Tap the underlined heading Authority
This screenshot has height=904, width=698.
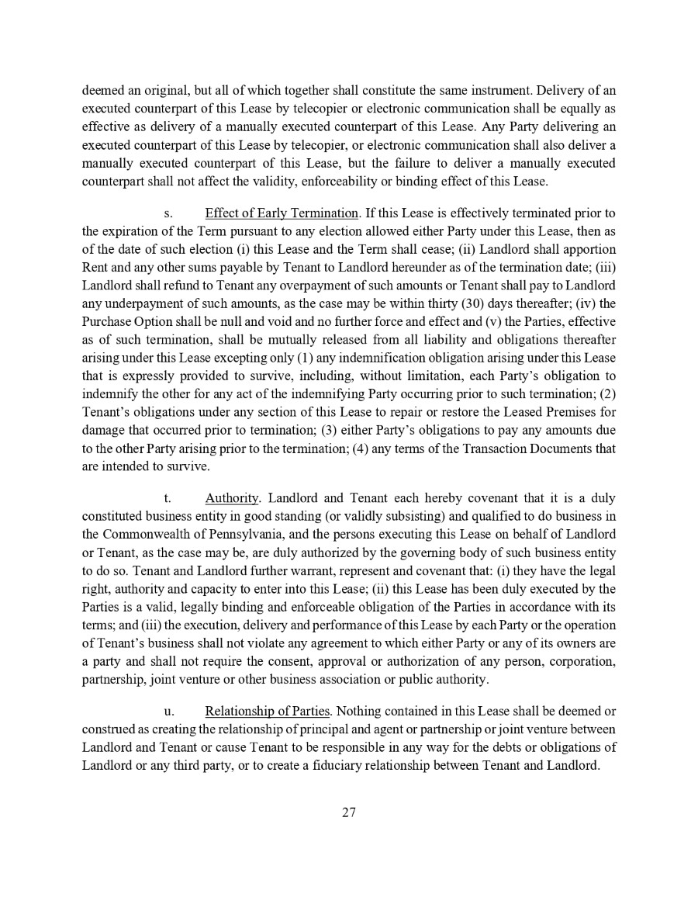(x=232, y=498)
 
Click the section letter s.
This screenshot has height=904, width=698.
(x=166, y=213)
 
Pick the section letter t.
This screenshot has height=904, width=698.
(x=166, y=498)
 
